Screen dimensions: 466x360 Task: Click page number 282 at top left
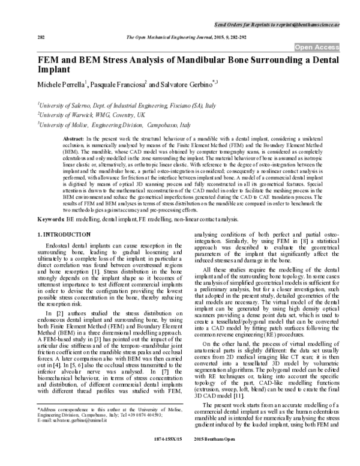[41, 37]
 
